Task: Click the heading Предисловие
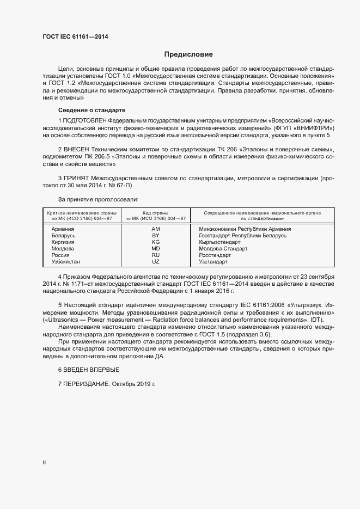[188, 54]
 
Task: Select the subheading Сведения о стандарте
[91, 110]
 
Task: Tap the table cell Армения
[63, 229]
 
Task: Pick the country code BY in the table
[155, 236]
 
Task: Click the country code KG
[155, 242]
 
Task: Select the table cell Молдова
[63, 249]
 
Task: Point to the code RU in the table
[155, 255]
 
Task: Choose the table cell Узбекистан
[66, 262]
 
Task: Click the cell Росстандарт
[215, 255]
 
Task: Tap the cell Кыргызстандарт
[219, 242]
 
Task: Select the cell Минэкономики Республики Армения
[245, 229]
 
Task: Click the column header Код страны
[155, 213]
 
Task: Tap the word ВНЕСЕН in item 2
[77, 149]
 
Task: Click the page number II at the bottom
[44, 463]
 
